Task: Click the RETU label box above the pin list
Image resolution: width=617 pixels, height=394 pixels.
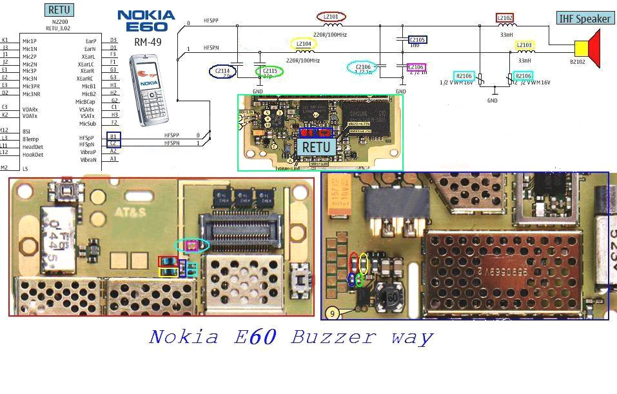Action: coord(59,10)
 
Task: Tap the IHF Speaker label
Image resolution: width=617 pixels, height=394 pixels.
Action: coord(584,19)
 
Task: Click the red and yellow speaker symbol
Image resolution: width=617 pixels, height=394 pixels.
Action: coord(587,49)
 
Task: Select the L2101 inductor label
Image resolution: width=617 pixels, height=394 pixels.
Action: coord(331,17)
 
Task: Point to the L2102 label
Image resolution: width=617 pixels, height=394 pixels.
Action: coord(505,18)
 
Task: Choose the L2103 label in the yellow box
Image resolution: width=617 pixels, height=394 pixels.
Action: coord(524,45)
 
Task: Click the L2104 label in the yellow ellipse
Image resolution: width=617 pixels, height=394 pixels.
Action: coord(303,44)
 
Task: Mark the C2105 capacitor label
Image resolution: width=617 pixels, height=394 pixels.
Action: coord(417,40)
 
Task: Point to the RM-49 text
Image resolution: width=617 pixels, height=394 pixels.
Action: coord(147,43)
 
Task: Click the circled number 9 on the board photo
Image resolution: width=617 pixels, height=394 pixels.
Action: coord(332,313)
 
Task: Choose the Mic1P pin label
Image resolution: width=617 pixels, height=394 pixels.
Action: coord(30,41)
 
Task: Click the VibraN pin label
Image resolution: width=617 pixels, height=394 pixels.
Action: coord(88,159)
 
